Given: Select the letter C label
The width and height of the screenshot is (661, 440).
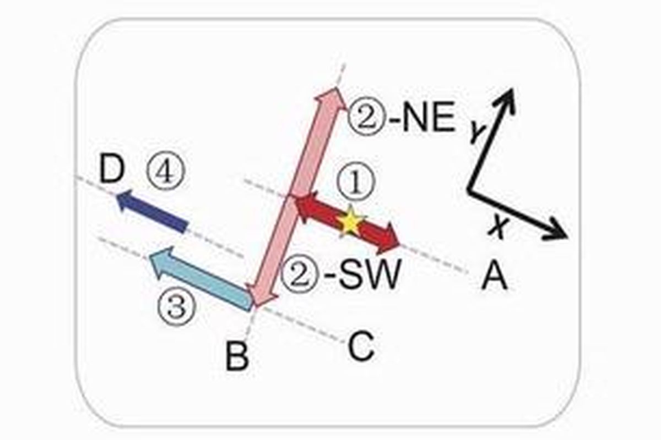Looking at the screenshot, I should (361, 348).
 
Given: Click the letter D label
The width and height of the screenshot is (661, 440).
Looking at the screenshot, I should (113, 172).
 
